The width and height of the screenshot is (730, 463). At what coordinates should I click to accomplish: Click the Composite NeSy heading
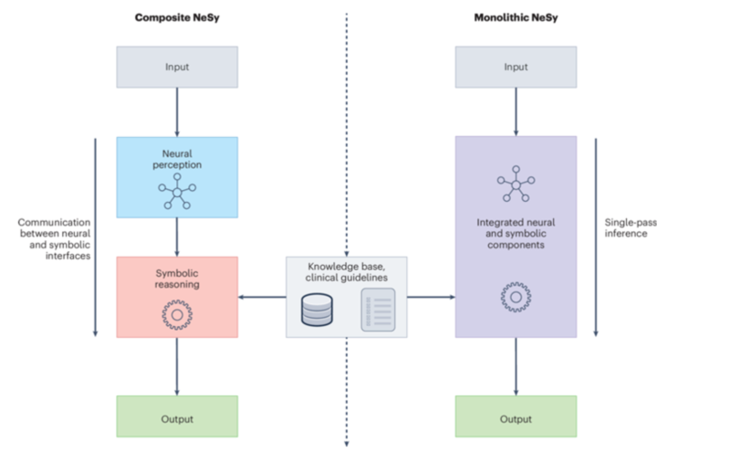click(177, 17)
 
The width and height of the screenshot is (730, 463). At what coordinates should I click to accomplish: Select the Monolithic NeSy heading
click(516, 17)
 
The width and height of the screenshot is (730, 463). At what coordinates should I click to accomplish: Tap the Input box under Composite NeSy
click(177, 67)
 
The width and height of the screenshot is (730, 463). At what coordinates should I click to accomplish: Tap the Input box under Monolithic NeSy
click(516, 67)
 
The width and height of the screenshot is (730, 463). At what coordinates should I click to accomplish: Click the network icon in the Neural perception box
click(177, 192)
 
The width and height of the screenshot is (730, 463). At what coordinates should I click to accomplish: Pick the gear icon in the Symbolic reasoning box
click(177, 315)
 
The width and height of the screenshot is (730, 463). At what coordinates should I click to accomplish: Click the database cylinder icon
click(317, 310)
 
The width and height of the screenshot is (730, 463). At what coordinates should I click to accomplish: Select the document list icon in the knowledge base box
click(378, 310)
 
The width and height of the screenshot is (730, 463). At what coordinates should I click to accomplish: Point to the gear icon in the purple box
click(516, 297)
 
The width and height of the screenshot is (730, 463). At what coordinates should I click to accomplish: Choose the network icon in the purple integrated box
click(516, 184)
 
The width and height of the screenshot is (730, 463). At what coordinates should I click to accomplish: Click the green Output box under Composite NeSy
click(177, 416)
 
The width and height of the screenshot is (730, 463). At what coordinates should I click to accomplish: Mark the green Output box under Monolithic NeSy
click(516, 416)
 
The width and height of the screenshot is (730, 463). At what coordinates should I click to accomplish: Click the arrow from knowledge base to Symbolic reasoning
click(262, 297)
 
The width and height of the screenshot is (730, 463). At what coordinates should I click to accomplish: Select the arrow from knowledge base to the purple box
click(431, 297)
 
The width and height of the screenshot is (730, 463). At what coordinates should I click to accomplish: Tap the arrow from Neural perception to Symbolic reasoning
click(177, 237)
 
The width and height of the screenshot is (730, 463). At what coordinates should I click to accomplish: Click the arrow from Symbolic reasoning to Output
click(177, 366)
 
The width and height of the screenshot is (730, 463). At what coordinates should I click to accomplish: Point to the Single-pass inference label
click(631, 228)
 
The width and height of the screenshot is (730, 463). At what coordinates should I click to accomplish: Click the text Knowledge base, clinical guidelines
click(347, 272)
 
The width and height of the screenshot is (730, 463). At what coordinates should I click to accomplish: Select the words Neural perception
click(177, 159)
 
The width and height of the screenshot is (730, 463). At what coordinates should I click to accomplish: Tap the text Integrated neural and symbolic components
click(516, 234)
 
